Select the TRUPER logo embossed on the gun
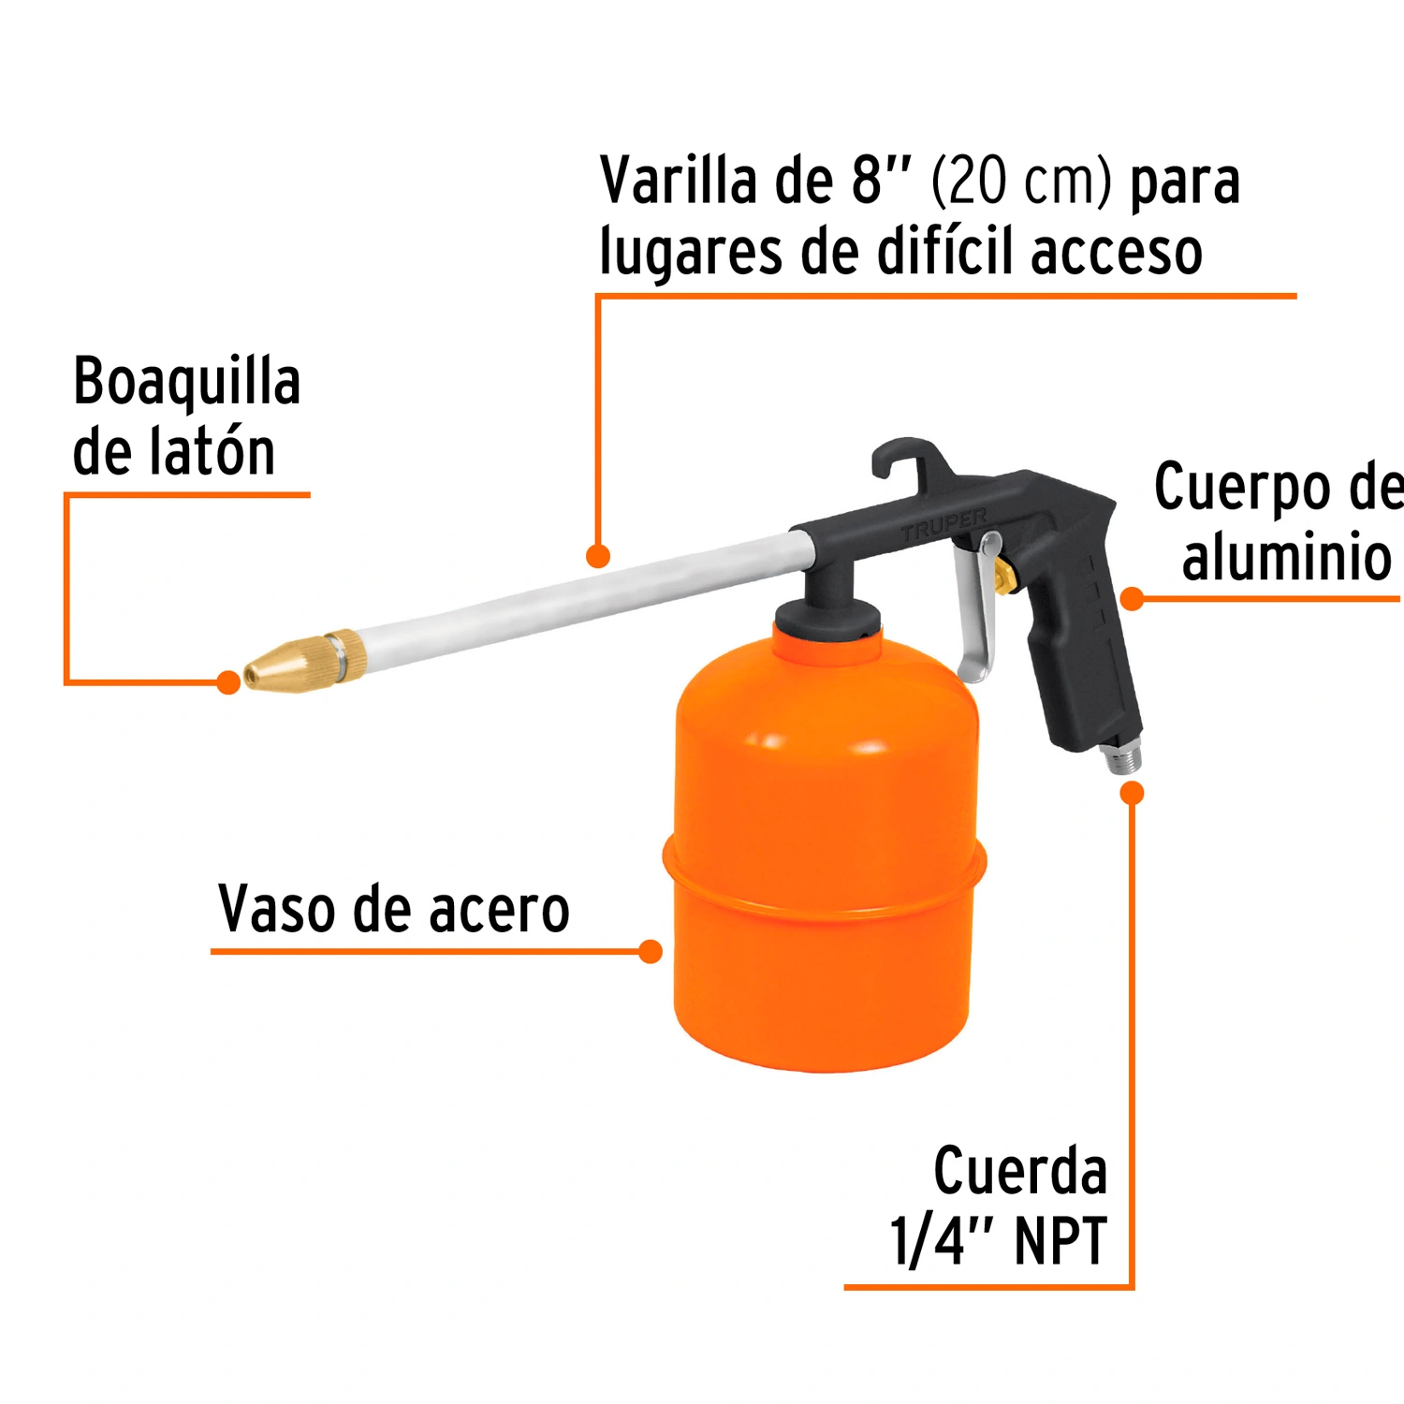coord(943,523)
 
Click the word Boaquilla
coord(187,382)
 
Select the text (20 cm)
coord(1022,181)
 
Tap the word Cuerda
coord(1020,1170)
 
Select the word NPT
coord(1060,1241)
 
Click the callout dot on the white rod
coord(598,556)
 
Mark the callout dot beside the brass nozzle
coord(228,682)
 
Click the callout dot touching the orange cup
coord(651,952)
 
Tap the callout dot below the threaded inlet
coord(1133,793)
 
